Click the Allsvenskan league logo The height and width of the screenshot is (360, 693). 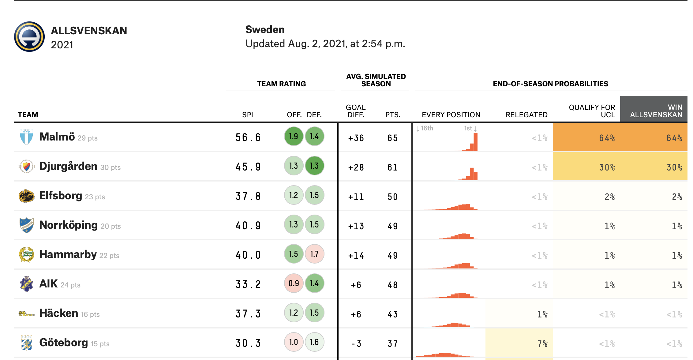(29, 37)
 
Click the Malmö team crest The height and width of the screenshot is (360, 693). (26, 137)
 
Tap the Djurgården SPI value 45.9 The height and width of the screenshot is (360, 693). (248, 167)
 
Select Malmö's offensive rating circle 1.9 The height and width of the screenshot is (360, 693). (294, 137)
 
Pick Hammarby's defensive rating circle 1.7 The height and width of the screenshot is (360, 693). (314, 254)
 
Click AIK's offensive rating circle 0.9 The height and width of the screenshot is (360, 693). (294, 283)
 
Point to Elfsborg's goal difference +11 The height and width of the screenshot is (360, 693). (356, 197)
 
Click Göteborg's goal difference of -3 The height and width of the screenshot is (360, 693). (356, 343)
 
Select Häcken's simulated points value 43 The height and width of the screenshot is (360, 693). (392, 314)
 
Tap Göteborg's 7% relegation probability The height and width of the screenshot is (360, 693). (542, 343)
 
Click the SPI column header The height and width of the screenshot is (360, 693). (248, 115)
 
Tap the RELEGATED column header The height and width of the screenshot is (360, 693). (526, 115)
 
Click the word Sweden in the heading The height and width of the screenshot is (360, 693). (265, 30)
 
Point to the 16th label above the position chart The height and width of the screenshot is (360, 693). (427, 128)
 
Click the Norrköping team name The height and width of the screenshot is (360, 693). (69, 225)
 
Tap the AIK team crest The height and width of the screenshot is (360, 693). (26, 284)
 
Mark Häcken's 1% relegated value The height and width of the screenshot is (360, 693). (542, 314)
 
